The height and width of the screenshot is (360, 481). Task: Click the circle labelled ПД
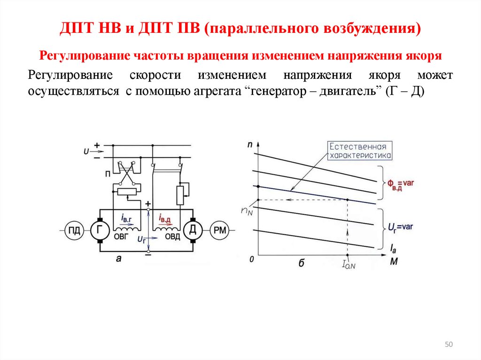coord(74,230)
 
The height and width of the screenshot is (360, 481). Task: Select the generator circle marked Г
coord(100,230)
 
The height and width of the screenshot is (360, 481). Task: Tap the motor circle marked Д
coord(193,230)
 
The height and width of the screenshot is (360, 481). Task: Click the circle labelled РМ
coord(220,230)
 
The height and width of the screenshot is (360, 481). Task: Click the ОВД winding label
coord(172,237)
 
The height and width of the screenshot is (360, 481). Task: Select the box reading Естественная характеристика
coord(360,151)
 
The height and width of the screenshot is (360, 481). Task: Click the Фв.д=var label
coord(400,185)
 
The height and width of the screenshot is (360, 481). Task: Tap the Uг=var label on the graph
coord(400,228)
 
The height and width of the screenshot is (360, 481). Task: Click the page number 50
coord(449,345)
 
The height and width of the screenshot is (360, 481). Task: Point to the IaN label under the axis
coord(349,264)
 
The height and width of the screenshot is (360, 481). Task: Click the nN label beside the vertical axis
coord(247,211)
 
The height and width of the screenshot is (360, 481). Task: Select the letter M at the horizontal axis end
coord(394,261)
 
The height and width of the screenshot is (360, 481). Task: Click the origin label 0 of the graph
coord(252,260)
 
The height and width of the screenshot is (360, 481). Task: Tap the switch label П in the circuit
coord(108,174)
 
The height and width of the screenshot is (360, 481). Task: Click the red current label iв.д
coord(164,219)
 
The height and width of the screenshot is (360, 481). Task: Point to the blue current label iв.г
coord(126,218)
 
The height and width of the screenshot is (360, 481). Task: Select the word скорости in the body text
coord(155,75)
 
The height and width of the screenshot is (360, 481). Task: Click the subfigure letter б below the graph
coord(301,263)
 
